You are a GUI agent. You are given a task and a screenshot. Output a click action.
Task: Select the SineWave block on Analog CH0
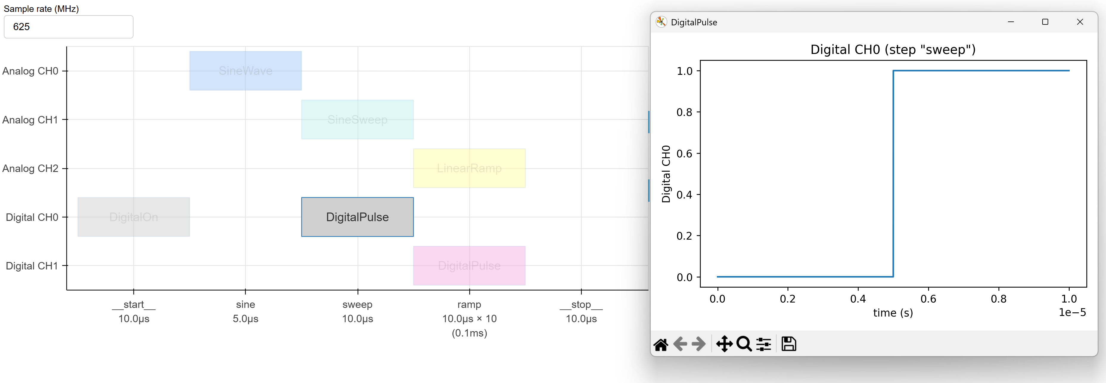point(245,71)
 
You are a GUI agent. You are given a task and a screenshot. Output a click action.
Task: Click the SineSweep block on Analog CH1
point(357,119)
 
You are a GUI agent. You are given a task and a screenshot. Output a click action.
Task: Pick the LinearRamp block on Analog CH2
point(469,168)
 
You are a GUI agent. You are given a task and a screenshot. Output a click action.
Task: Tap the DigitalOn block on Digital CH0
point(133,217)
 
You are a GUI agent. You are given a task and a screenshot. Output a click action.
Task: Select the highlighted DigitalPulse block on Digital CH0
point(357,217)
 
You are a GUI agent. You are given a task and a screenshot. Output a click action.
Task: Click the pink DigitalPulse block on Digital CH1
point(469,266)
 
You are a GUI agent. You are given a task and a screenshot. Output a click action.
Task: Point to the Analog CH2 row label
point(30,168)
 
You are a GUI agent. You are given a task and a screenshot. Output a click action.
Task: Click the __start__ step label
point(133,304)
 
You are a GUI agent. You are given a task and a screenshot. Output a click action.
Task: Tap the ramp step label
point(469,304)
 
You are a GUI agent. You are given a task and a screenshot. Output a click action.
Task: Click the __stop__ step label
point(581,304)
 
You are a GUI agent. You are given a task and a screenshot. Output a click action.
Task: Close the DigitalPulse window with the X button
point(1080,22)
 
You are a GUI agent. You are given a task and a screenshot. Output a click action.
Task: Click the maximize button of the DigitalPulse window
point(1045,22)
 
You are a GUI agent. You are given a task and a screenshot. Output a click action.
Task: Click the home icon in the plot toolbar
point(661,344)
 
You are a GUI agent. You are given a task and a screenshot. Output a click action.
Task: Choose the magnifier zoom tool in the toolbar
point(744,344)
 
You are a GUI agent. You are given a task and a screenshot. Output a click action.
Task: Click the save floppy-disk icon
point(789,344)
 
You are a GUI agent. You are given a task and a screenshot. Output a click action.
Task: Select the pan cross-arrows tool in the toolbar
point(724,344)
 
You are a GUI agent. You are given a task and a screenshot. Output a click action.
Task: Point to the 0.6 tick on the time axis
point(928,299)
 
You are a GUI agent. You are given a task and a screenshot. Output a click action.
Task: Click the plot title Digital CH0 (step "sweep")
point(893,50)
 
